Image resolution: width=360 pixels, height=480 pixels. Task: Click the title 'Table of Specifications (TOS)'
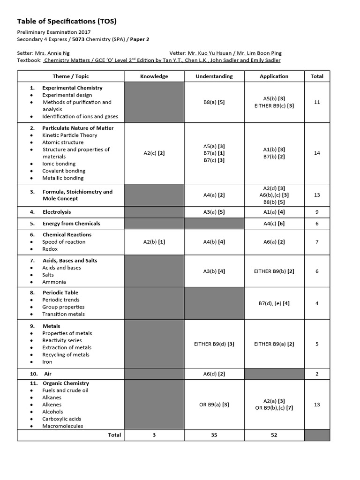click(x=67, y=21)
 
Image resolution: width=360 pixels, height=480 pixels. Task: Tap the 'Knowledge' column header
click(x=154, y=76)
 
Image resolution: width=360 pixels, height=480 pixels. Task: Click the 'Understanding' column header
click(x=214, y=76)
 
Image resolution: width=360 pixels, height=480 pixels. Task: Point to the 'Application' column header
click(x=274, y=76)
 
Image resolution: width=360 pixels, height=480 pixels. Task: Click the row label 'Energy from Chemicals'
click(x=71, y=224)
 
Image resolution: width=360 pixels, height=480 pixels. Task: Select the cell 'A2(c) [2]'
click(x=154, y=153)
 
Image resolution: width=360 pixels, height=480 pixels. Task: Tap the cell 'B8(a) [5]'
click(x=214, y=102)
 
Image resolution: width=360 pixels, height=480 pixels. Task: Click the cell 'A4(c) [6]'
click(x=274, y=224)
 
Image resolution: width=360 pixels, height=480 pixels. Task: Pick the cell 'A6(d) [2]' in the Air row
click(x=214, y=374)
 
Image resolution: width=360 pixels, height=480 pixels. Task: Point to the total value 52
click(x=274, y=435)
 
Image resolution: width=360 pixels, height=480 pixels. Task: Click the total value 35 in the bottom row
click(x=214, y=435)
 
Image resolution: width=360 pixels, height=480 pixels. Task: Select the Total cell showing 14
click(x=317, y=153)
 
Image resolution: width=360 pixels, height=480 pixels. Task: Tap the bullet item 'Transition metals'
click(x=63, y=314)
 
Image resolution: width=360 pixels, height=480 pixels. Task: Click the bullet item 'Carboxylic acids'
click(x=61, y=419)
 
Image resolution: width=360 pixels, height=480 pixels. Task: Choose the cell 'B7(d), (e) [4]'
click(x=274, y=303)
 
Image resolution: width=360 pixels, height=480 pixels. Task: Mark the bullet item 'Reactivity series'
click(x=62, y=340)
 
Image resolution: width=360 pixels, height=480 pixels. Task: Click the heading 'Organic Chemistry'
click(x=66, y=383)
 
